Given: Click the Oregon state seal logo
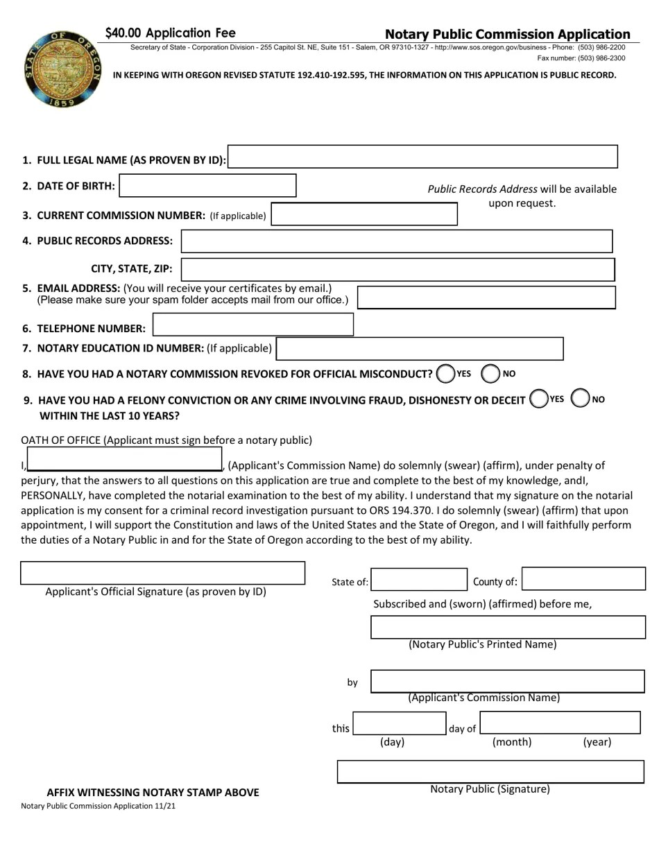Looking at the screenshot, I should click(x=62, y=69).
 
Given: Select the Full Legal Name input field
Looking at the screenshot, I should click(x=422, y=157).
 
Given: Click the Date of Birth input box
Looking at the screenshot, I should click(x=207, y=185).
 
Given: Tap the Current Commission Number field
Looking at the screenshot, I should click(x=364, y=214).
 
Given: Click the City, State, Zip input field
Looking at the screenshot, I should click(x=397, y=269).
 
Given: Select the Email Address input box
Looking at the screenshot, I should click(x=486, y=297).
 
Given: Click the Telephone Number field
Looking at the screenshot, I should click(x=253, y=325).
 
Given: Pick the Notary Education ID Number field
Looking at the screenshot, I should click(x=420, y=348).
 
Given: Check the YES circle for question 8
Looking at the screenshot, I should click(x=446, y=374).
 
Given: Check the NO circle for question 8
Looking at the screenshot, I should click(x=490, y=374).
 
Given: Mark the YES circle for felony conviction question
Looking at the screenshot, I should click(x=538, y=399).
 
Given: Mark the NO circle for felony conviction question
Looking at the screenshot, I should click(x=580, y=399).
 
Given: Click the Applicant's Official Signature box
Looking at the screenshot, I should click(x=163, y=573).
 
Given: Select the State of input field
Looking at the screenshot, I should click(x=419, y=579).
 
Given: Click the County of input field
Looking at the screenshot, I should click(x=583, y=579).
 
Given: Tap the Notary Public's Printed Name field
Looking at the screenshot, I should click(x=508, y=627).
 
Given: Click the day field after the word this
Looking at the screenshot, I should click(x=399, y=723).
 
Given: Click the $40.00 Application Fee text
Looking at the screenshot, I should click(x=171, y=33).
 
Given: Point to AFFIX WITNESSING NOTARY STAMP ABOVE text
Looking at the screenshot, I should click(x=153, y=792).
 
